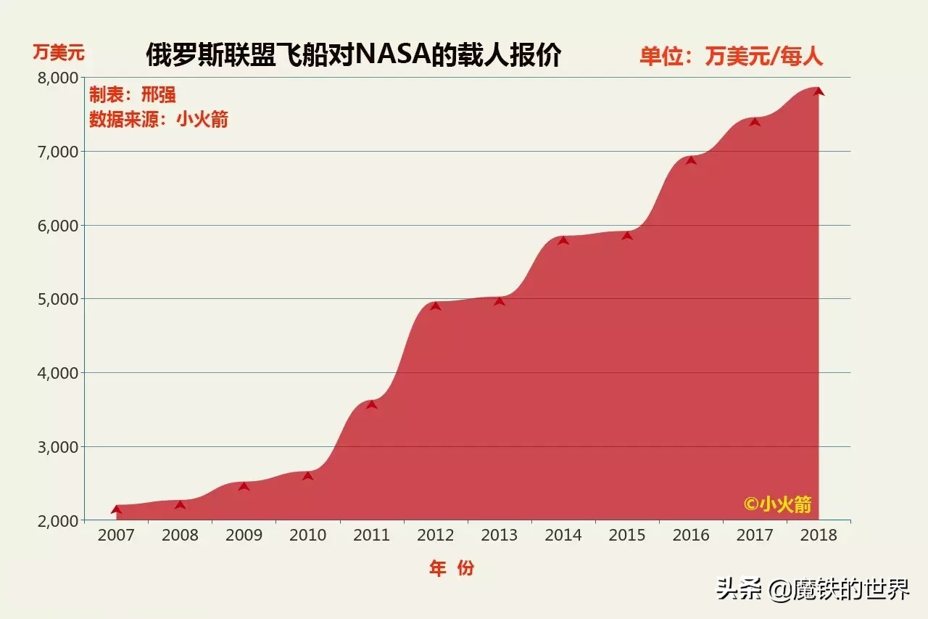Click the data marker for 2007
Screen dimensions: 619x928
pyautogui.click(x=116, y=509)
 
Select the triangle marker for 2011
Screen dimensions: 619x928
pyautogui.click(x=371, y=404)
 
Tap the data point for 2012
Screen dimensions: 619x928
pyautogui.click(x=435, y=306)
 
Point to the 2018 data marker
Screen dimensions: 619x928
pyautogui.click(x=819, y=91)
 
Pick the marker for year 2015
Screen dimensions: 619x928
pyautogui.click(x=627, y=235)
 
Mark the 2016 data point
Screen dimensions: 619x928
pyautogui.click(x=691, y=160)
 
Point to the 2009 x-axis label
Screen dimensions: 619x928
pyautogui.click(x=244, y=536)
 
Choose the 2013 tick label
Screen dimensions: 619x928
pyautogui.click(x=500, y=536)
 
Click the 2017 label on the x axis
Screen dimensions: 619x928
pyautogui.click(x=755, y=536)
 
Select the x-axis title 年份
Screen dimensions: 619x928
pyautogui.click(x=451, y=568)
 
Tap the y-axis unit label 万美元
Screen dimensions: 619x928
pyautogui.click(x=59, y=52)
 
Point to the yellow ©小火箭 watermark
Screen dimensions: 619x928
pyautogui.click(x=777, y=504)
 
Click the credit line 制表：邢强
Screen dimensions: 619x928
pyautogui.click(x=133, y=95)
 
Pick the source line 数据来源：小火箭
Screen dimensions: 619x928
pyautogui.click(x=159, y=119)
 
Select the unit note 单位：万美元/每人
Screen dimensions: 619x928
pyautogui.click(x=731, y=56)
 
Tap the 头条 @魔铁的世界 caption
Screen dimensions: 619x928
pyautogui.click(x=813, y=589)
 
